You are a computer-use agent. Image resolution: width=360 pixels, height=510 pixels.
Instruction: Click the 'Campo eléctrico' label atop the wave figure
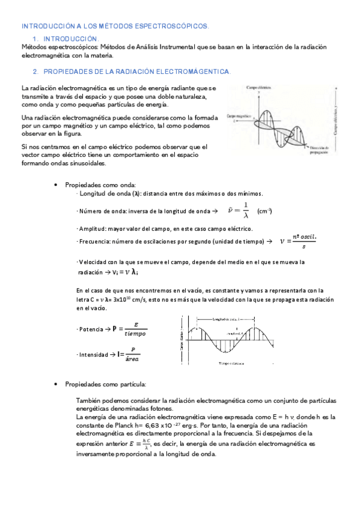260,88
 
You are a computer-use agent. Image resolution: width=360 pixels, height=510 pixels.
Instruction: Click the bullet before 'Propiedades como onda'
55,185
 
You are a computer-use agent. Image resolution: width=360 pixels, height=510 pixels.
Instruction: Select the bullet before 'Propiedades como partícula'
55,384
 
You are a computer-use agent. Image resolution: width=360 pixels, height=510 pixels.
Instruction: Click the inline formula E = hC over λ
139,444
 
